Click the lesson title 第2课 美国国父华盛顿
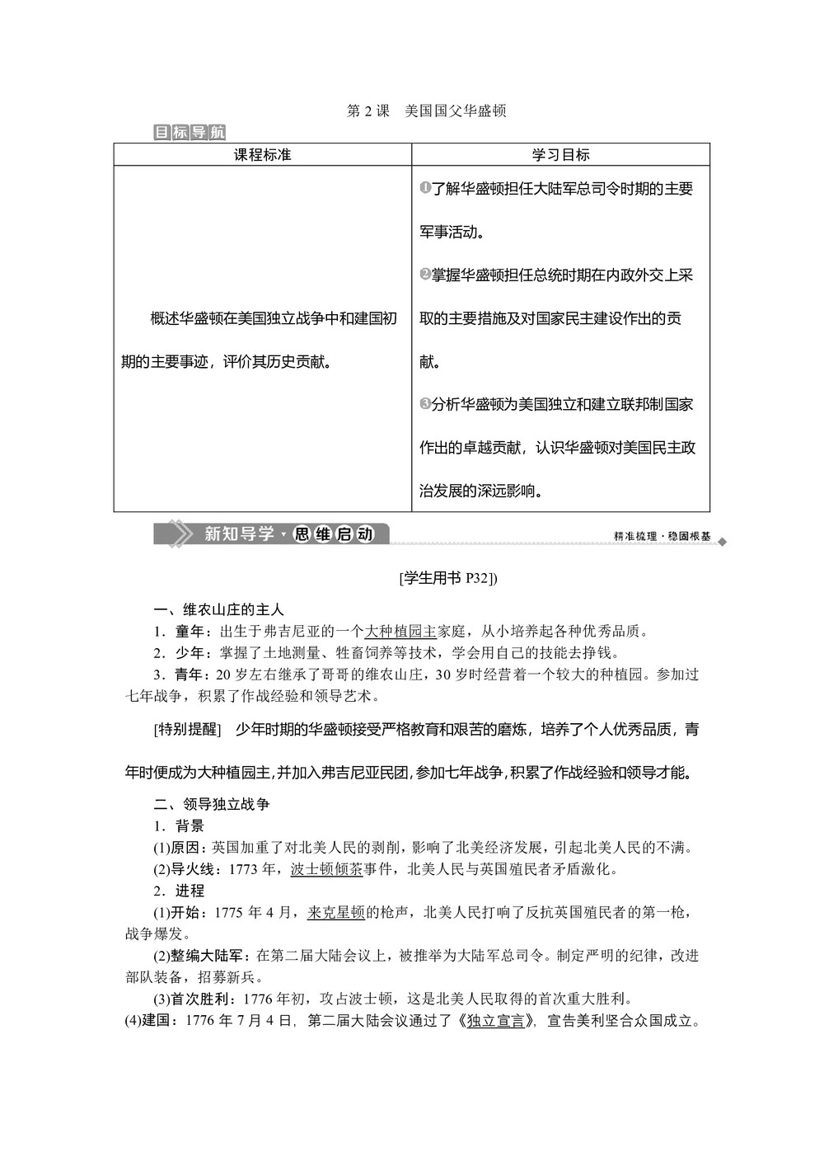pos(426,111)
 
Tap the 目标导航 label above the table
pos(190,133)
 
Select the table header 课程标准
pos(263,155)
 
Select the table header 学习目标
pos(560,155)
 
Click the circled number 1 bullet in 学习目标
pos(425,188)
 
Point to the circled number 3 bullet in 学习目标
pos(425,404)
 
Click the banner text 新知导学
pos(239,534)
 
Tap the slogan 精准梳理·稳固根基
pos(662,536)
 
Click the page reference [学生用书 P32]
pos(447,578)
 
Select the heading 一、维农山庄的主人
pos(219,610)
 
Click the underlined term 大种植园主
pos(400,632)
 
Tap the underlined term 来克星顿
pos(335,913)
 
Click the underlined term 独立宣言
pos(495,1022)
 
